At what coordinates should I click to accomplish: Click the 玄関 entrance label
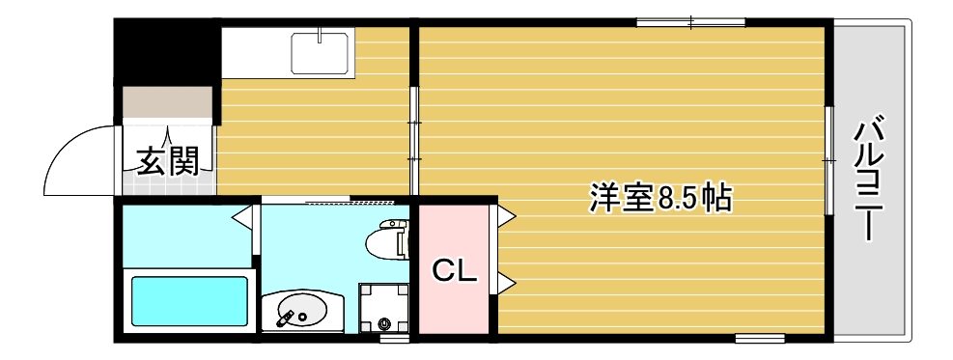pyautogui.click(x=167, y=161)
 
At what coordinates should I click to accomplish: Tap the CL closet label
pyautogui.click(x=454, y=271)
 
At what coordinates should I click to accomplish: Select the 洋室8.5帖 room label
pyautogui.click(x=660, y=198)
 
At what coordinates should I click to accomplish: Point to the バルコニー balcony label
pyautogui.click(x=871, y=180)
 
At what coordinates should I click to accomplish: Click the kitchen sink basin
pyautogui.click(x=321, y=52)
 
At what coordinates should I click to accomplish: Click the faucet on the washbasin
pyautogui.click(x=287, y=316)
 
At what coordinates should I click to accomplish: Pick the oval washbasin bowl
pyautogui.click(x=301, y=311)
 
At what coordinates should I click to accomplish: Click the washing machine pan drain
pyautogui.click(x=386, y=323)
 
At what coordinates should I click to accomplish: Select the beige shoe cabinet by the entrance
pyautogui.click(x=167, y=102)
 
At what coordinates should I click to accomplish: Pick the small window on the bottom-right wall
pyautogui.click(x=759, y=338)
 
